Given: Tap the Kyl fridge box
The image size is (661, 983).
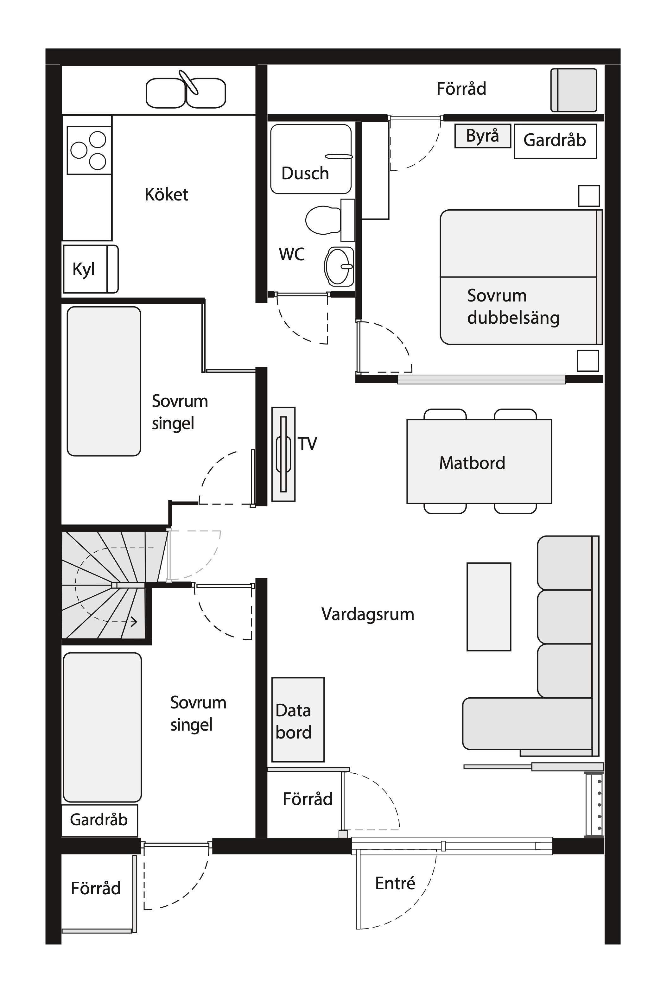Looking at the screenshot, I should [90, 269].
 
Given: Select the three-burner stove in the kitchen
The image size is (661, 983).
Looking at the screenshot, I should [89, 150].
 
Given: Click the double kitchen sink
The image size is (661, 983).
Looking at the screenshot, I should [186, 93].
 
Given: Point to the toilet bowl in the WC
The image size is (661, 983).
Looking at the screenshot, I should [322, 220].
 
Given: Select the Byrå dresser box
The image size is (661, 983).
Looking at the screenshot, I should [482, 136].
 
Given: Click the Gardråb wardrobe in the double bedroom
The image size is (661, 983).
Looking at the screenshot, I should [555, 141].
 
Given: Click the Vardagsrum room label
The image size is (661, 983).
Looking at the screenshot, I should [368, 614].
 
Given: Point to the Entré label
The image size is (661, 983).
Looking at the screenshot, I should [395, 883].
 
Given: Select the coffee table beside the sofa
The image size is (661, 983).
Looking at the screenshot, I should [489, 606].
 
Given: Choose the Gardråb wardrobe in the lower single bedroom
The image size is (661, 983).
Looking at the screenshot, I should [99, 820].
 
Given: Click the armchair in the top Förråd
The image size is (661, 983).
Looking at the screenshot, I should [574, 90].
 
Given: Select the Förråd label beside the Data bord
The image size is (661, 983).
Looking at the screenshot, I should [307, 799].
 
